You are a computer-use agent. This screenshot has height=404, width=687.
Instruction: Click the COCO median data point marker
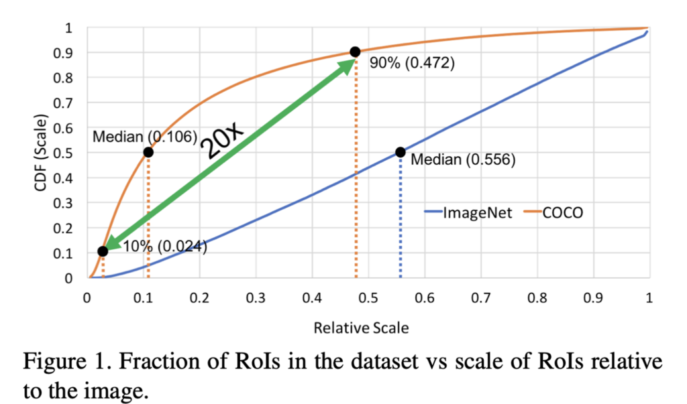pyautogui.click(x=148, y=152)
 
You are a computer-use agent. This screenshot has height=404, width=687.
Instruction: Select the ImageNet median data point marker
pyautogui.click(x=401, y=152)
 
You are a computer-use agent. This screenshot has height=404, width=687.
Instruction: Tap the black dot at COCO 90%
pyautogui.click(x=355, y=52)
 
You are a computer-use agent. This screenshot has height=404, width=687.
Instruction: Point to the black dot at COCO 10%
pyautogui.click(x=103, y=251)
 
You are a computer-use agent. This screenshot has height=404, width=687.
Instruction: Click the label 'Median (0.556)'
pyautogui.click(x=462, y=160)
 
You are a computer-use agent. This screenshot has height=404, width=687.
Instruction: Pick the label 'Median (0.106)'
pyautogui.click(x=144, y=137)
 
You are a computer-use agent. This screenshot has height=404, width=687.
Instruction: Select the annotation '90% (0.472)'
pyautogui.click(x=412, y=64)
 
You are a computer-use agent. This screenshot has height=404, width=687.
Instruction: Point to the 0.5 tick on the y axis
pyautogui.click(x=69, y=153)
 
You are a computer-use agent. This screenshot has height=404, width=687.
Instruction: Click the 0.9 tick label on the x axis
pyautogui.click(x=592, y=298)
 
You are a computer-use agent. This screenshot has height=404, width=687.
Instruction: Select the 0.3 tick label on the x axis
pyautogui.click(x=255, y=298)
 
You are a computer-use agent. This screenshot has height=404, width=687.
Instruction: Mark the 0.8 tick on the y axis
pyautogui.click(x=69, y=78)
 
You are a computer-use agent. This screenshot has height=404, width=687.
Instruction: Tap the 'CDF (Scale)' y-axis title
pyautogui.click(x=42, y=153)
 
